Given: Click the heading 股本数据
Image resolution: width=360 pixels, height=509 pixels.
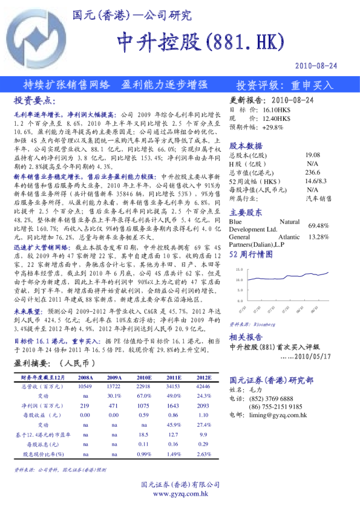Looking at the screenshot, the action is tap(246, 146).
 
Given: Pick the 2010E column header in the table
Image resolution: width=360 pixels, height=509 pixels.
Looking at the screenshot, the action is tap(144, 376).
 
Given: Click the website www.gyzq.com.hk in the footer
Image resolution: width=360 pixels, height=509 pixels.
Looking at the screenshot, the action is tap(180, 494).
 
